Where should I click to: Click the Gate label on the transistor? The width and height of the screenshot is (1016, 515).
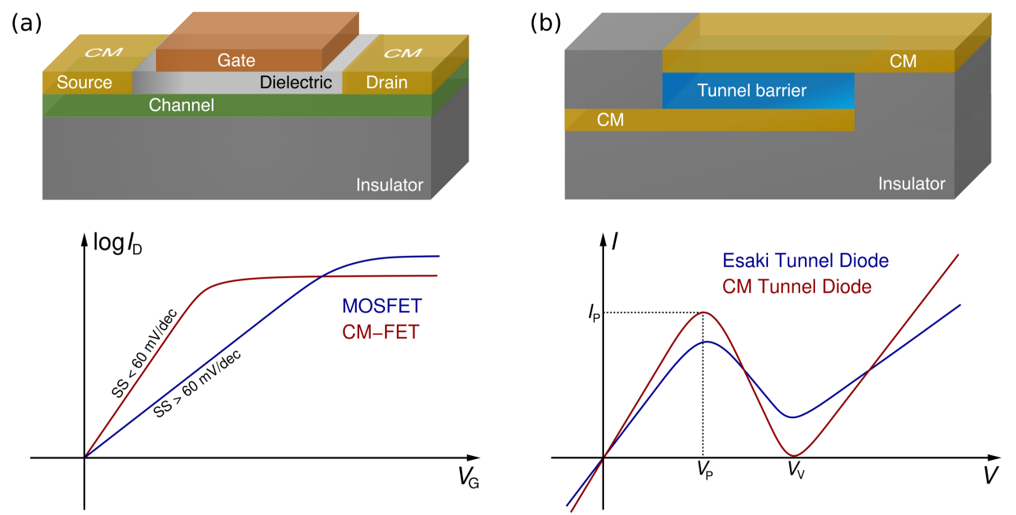(x=235, y=60)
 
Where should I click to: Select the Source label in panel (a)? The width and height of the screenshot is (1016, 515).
(x=84, y=83)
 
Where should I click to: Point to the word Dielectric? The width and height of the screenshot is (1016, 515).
(x=296, y=83)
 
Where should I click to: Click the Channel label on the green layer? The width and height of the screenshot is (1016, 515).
(x=181, y=105)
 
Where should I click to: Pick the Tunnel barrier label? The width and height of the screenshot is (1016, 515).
(x=751, y=91)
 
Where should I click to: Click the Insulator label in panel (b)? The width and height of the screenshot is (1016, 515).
(x=912, y=184)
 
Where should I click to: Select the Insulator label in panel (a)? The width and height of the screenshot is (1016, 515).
(x=389, y=186)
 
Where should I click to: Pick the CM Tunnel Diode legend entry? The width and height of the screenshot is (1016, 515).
(x=797, y=287)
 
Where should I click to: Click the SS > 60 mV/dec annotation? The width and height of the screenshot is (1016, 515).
(x=197, y=383)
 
